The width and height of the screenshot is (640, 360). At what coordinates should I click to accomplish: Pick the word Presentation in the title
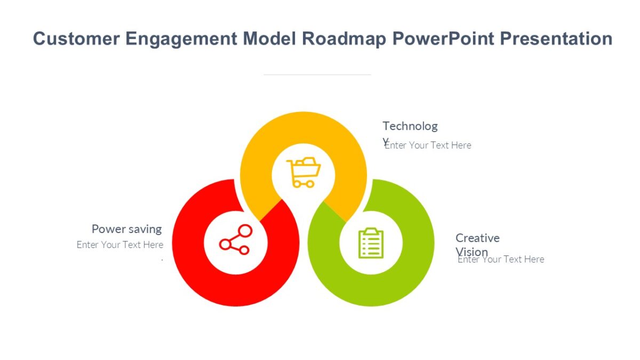pos(553,39)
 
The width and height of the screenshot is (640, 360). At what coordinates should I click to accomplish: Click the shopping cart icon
pos(303,172)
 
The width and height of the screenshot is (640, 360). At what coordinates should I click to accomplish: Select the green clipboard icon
pos(371,243)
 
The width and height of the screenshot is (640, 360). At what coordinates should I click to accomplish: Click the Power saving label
pos(126,229)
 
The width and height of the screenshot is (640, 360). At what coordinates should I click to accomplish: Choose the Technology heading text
pos(410,127)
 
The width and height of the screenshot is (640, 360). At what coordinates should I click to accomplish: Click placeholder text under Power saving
pos(120,245)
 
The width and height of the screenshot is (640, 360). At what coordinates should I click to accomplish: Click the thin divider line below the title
pos(317,75)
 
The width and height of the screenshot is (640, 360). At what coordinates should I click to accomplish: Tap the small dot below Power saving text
pos(162,260)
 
